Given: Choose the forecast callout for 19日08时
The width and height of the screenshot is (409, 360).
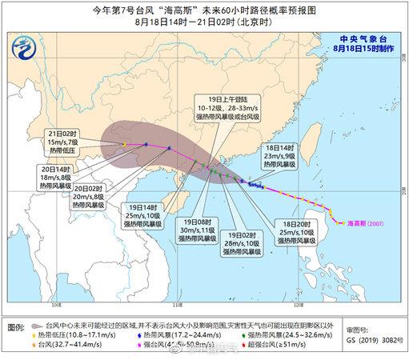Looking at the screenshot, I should (x=196, y=229).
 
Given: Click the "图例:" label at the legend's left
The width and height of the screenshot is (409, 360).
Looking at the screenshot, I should (x=15, y=328).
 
